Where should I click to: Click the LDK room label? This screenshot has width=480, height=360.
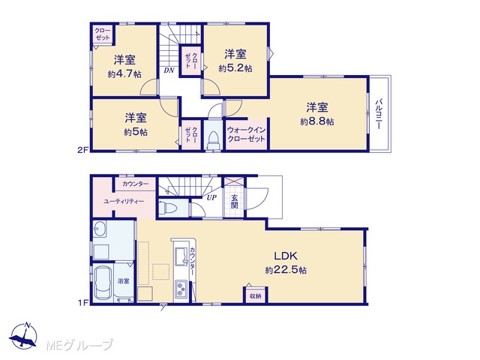(285, 255)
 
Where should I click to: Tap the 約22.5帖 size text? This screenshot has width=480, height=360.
(286, 270)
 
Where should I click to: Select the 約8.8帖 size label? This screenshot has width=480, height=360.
(316, 121)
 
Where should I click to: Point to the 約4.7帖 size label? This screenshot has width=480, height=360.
(124, 73)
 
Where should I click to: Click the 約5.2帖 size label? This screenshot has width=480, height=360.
(235, 68)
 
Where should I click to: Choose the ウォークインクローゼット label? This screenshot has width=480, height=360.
(247, 134)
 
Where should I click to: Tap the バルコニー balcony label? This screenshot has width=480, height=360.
(379, 114)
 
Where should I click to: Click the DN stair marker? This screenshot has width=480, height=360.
(169, 70)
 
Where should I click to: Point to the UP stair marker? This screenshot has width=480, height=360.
(211, 197)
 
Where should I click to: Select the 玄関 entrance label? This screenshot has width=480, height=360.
(235, 201)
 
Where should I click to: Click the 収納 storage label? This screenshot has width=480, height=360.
(255, 296)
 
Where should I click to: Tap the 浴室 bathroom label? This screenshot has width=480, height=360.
(123, 280)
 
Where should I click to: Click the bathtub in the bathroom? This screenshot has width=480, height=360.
(103, 283)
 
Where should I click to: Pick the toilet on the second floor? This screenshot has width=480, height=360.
(213, 139)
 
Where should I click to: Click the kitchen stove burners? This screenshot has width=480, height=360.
(181, 289)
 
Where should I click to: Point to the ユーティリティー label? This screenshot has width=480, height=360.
(124, 202)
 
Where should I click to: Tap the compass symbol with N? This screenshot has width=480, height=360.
(23, 336)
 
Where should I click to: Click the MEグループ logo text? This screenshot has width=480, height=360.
(80, 345)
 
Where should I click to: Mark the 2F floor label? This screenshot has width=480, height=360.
(83, 150)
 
